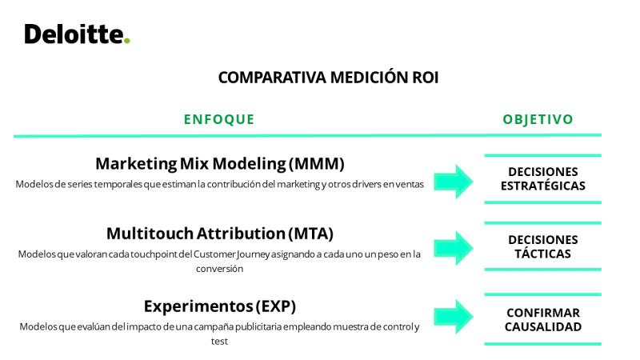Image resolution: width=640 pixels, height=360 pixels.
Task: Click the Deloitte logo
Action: point(77,34)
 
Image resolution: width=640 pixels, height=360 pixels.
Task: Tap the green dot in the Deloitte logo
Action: point(127,41)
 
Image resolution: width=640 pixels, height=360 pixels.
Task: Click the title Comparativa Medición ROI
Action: point(328,78)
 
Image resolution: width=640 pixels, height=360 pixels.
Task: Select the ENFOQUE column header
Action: point(219,119)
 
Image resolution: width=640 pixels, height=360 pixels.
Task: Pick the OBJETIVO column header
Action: point(538,119)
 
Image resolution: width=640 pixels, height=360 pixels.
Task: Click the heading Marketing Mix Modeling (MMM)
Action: point(220,164)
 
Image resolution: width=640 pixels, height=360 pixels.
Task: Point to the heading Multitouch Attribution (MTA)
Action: point(220,234)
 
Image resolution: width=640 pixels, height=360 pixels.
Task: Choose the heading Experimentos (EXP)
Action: point(220,306)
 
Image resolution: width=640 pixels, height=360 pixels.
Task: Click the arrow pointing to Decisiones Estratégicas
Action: point(454,182)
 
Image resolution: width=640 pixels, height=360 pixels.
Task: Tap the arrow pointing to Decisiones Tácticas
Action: point(454,248)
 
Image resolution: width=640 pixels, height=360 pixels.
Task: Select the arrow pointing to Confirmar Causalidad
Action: point(454,317)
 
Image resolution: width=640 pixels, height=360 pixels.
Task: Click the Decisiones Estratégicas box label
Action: point(543,178)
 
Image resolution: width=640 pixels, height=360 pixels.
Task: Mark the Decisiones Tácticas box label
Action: point(543,246)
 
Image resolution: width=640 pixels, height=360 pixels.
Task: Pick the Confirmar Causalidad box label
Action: point(543,319)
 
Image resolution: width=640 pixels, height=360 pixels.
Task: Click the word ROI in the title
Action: point(426,78)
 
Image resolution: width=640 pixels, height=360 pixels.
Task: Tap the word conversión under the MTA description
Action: point(219,269)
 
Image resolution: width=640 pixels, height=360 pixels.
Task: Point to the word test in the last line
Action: point(219,342)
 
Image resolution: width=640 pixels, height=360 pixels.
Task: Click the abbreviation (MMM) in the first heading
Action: point(317,164)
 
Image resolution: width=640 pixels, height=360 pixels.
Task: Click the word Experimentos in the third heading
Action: point(198,306)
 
